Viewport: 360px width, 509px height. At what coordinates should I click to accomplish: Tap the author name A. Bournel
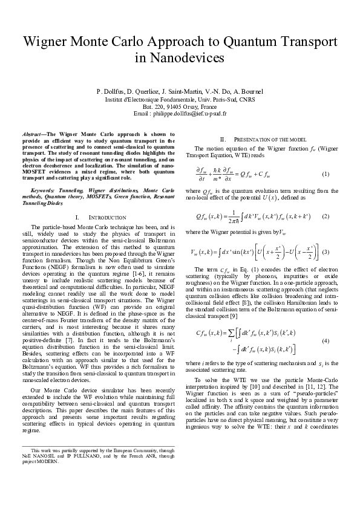coord(247,91)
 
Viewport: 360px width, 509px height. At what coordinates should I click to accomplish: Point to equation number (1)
coord(325,174)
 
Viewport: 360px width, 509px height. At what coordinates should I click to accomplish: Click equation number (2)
coord(325,216)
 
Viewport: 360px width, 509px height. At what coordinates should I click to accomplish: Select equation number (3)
coord(325,251)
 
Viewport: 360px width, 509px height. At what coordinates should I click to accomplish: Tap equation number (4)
coord(325,342)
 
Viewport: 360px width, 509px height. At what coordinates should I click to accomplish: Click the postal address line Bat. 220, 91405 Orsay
coord(180,105)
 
